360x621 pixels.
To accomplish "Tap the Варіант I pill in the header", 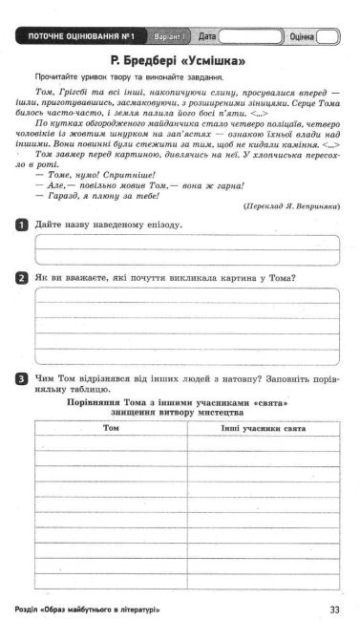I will click(170, 37).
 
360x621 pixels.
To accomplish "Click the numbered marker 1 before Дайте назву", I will click(21, 224).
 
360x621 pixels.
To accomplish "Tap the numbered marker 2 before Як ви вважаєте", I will click(21, 278).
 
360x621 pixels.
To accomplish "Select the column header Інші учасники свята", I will click(263, 428).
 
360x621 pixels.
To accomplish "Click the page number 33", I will click(333, 609).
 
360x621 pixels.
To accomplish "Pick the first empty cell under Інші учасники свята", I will click(263, 443).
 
